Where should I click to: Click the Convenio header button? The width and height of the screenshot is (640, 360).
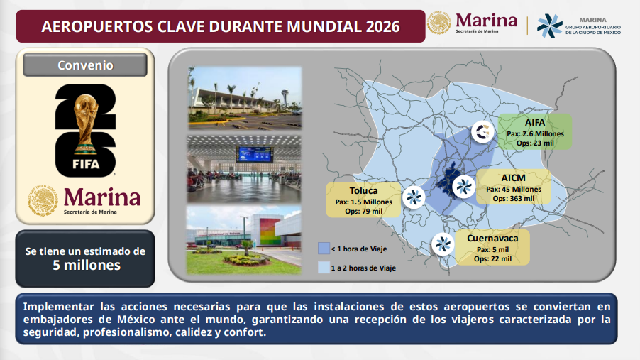point(85,65)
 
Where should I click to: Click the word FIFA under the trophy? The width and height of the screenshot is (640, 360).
point(86,164)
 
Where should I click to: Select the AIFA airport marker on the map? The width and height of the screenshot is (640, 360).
point(483,131)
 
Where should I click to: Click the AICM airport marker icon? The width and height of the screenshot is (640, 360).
point(464,187)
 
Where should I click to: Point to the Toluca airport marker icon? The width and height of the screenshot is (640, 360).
point(414,197)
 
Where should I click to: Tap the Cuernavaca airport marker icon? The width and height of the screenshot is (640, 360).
point(443,244)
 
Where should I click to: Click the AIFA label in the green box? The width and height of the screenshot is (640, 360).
point(535,122)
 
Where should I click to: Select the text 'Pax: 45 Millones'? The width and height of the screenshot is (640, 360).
point(514,189)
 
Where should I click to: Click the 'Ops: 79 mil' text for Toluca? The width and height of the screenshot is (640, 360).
point(364,212)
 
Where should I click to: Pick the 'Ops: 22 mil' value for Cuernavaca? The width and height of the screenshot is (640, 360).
point(492,258)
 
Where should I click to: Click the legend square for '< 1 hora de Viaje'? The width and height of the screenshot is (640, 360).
point(324,249)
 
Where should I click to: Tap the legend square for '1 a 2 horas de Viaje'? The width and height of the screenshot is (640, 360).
point(324,268)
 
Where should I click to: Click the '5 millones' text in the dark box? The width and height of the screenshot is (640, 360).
point(87,265)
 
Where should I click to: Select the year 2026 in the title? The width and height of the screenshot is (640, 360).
point(383,26)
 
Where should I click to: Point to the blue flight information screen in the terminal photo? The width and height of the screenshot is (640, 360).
point(255,154)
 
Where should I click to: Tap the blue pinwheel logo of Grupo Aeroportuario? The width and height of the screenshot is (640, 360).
point(549,26)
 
